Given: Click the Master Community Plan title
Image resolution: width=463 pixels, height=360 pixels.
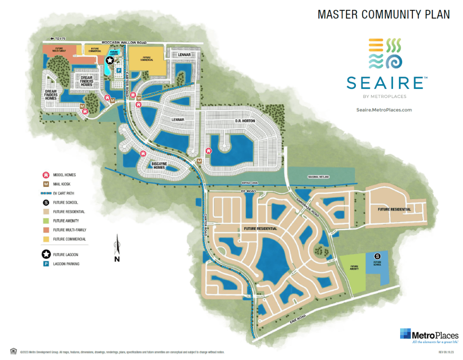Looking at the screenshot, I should pos(383,14).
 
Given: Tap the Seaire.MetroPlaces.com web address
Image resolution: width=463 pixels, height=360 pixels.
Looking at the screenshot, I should pos(384,110).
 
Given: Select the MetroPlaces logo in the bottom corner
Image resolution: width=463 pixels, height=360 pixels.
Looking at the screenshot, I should pos(429,335).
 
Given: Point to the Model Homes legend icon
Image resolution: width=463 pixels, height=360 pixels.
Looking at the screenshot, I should pos(46,175).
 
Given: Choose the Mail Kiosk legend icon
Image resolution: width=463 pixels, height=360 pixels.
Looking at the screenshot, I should pos(46,184).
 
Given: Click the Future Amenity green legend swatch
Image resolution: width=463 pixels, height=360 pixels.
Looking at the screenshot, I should pos(46,221).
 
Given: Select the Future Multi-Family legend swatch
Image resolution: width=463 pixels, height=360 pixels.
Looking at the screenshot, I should pos(46,230).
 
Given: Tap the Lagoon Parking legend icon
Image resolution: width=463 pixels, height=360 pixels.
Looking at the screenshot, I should pos(46,264).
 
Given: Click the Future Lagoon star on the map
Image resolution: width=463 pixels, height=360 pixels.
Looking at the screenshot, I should pos(109,61).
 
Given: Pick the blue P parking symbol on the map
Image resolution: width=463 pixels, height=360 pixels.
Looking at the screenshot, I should pos(118,71).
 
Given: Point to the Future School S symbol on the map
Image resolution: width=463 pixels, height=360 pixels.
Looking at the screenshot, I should pos(377,257).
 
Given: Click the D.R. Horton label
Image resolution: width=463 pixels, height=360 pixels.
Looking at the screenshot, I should pos(245,121).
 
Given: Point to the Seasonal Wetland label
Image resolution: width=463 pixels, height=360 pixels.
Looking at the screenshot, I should pos(318,177).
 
